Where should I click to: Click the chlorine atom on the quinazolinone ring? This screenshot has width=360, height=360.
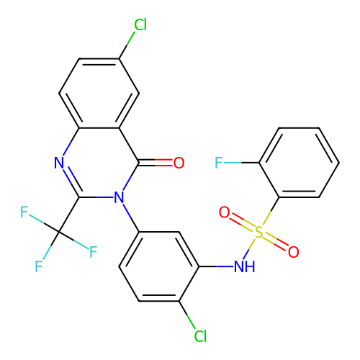(140, 24)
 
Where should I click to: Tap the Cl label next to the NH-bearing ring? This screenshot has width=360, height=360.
(200, 336)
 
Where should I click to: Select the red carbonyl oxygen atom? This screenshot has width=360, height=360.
(179, 163)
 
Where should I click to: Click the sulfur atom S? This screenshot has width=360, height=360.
(259, 232)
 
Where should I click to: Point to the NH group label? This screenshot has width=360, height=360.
(244, 266)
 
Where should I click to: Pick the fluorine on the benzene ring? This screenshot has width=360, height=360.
(219, 163)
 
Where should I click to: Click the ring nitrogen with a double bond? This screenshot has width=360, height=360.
(59, 163)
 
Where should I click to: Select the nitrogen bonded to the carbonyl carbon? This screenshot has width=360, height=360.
(119, 197)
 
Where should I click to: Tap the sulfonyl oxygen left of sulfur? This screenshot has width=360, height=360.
(225, 212)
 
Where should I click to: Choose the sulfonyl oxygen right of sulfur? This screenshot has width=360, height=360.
(294, 252)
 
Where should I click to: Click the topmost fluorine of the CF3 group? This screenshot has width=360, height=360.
(24, 212)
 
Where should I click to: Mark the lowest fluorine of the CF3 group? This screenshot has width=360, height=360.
(39, 266)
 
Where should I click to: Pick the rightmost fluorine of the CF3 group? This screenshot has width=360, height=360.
(94, 252)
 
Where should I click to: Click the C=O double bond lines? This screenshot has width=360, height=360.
(156, 163)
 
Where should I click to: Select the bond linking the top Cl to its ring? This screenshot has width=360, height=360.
(127, 45)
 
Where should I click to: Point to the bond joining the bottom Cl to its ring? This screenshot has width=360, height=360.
(187, 315)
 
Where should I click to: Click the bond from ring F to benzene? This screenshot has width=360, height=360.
(241, 163)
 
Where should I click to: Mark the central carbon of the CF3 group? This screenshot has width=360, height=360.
(59, 232)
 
